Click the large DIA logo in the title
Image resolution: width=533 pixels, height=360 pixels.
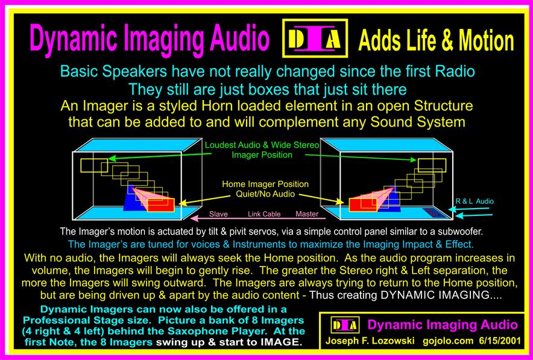[x=315, y=38]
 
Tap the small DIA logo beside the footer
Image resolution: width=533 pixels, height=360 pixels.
[x=345, y=326]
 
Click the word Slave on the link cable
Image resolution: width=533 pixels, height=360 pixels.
[x=218, y=214]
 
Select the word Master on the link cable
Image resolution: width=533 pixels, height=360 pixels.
[x=307, y=214]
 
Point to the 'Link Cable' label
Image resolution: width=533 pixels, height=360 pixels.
[x=264, y=214]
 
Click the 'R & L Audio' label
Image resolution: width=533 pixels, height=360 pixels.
[x=475, y=201]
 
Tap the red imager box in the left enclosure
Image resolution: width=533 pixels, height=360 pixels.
[x=160, y=205]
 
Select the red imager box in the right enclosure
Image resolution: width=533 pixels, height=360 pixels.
[x=363, y=205]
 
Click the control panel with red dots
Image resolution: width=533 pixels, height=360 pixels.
[x=434, y=213]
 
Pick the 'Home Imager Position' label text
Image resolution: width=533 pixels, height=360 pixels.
[x=265, y=185]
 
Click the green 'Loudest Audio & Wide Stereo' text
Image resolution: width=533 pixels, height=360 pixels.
[x=262, y=145]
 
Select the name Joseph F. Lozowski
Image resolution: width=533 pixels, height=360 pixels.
[x=370, y=341]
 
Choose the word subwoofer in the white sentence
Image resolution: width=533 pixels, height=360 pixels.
[x=463, y=232]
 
